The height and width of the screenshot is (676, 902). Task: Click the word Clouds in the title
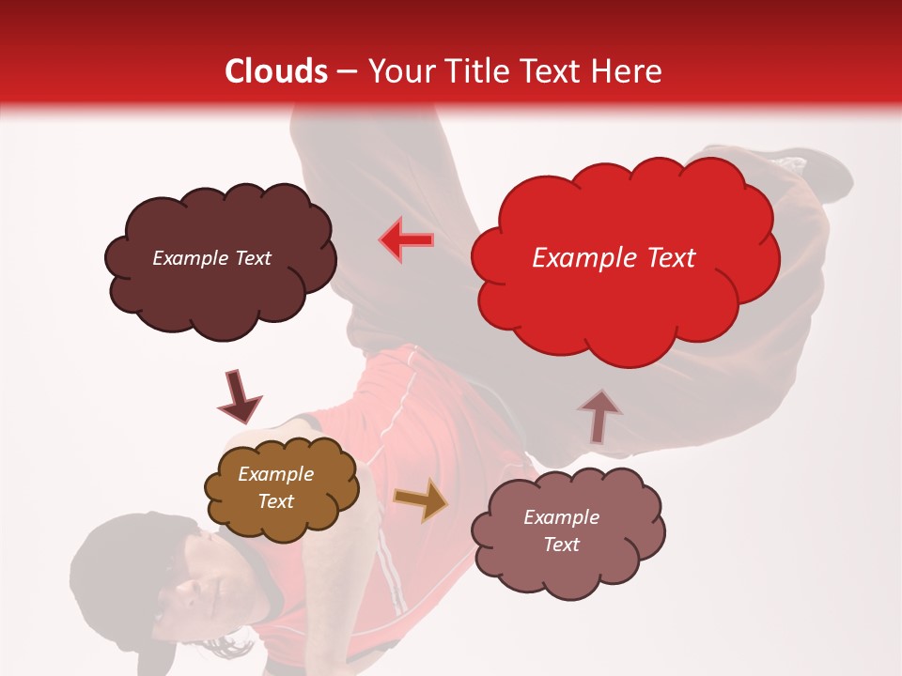pos(276,71)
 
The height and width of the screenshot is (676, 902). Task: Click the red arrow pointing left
pos(406,240)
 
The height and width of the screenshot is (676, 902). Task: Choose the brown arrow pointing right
pos(421,499)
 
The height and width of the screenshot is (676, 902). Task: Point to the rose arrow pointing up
pos(599,416)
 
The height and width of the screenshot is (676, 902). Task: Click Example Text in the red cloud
pos(614,258)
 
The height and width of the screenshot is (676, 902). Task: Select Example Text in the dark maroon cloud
pos(211,258)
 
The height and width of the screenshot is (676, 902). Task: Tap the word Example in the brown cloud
pos(275,474)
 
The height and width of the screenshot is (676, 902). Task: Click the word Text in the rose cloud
pos(561,545)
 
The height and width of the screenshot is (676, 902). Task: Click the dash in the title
pos(346,71)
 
